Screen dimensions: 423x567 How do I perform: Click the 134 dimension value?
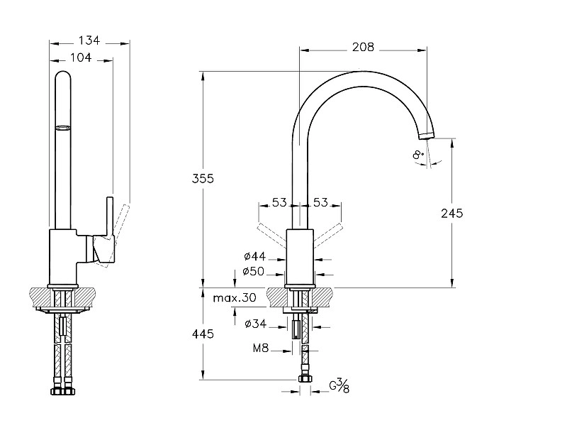pyautogui.click(x=90, y=41)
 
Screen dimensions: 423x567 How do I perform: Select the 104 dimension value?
pyautogui.click(x=82, y=57)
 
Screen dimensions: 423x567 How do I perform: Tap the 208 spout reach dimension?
pyautogui.click(x=363, y=48)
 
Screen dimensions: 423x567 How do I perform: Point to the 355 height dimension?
pyautogui.click(x=203, y=178)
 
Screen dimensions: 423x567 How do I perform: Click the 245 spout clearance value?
pyautogui.click(x=451, y=212)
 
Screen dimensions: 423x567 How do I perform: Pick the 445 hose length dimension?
pyautogui.click(x=202, y=334)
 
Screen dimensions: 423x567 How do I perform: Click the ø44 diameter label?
pyautogui.click(x=253, y=256)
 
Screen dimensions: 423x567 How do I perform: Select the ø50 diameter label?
pyautogui.click(x=253, y=271)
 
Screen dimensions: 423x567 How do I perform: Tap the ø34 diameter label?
pyautogui.click(x=254, y=324)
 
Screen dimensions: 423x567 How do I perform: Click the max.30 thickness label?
pyautogui.click(x=234, y=298)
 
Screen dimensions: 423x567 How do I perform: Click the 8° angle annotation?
pyautogui.click(x=418, y=155)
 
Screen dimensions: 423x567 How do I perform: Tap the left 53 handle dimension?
pyautogui.click(x=279, y=203)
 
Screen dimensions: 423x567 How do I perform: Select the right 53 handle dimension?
pyautogui.click(x=320, y=203)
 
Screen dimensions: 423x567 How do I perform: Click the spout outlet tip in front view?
pyautogui.click(x=426, y=134)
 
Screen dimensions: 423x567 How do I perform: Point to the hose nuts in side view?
pyautogui.click(x=63, y=390)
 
